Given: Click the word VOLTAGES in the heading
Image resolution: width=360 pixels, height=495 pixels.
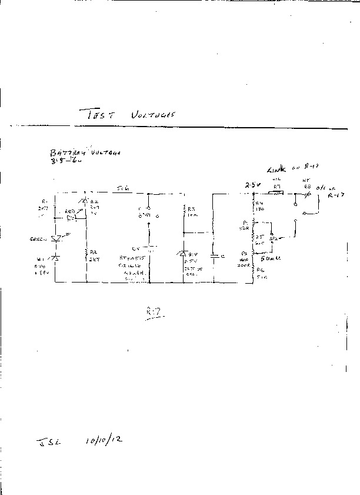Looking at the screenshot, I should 152,115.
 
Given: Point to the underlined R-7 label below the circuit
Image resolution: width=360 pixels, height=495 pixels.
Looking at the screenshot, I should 154,311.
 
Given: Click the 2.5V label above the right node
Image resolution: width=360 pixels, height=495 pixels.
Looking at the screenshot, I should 254,185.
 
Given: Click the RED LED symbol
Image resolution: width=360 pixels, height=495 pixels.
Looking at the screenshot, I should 73,217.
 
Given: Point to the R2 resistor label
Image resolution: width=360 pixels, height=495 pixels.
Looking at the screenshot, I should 93,251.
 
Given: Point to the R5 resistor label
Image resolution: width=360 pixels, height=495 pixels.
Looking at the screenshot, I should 259,237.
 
